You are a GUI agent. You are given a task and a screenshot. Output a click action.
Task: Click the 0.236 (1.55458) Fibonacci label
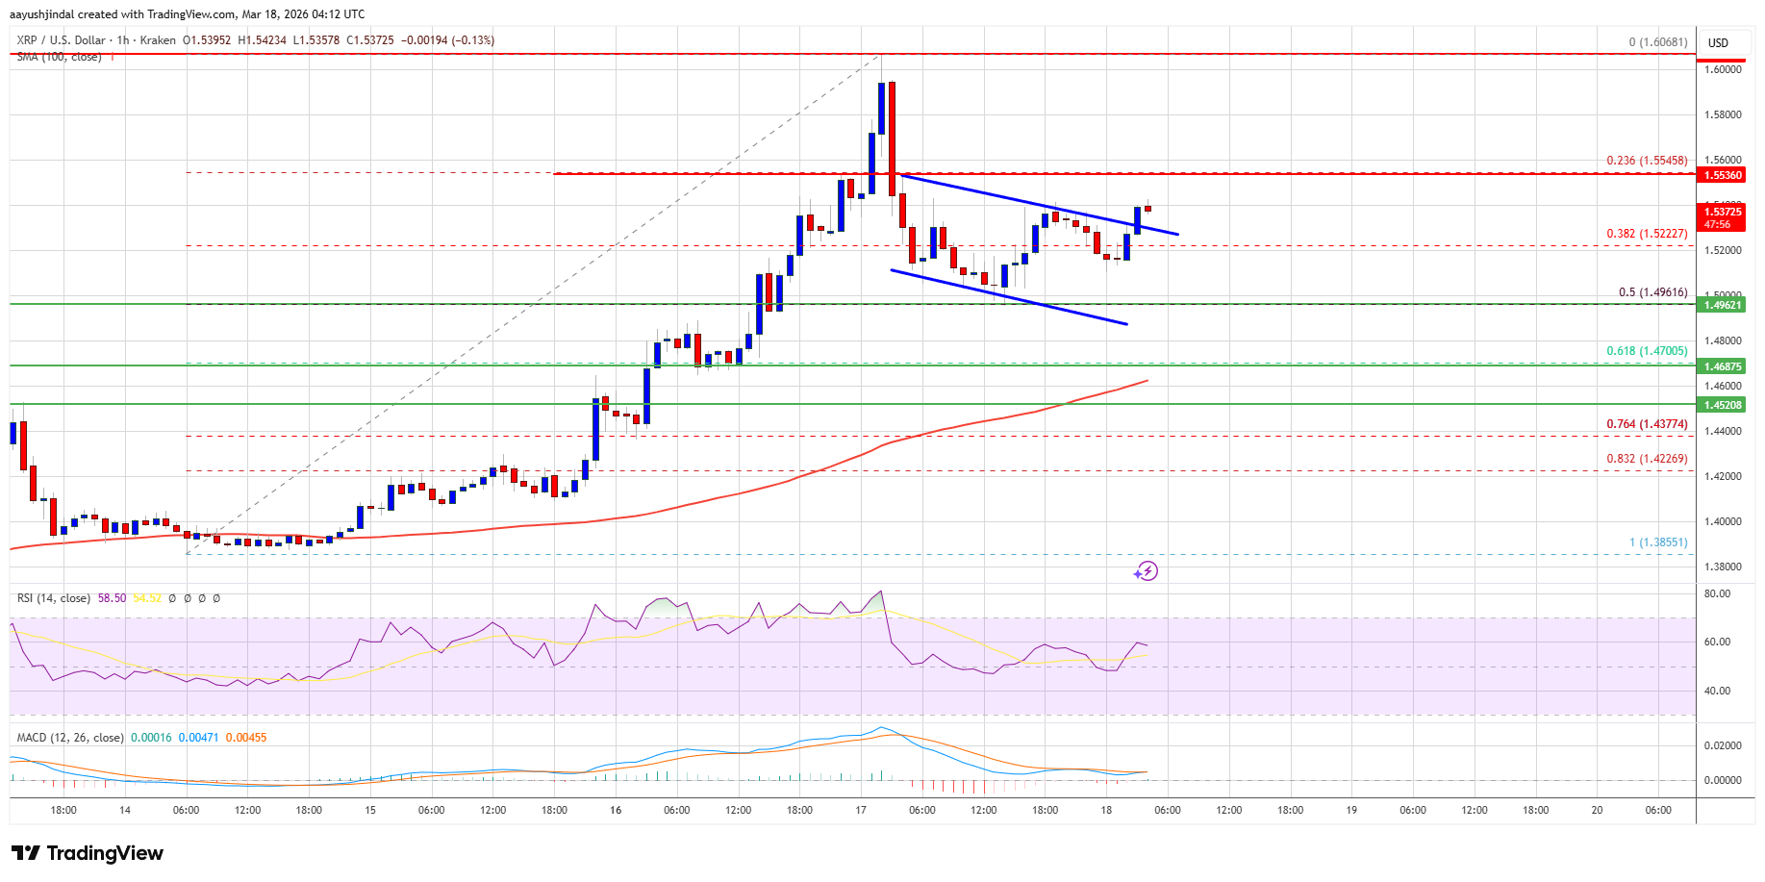pyautogui.click(x=1647, y=161)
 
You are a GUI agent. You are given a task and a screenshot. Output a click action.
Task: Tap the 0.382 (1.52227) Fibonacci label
pyautogui.click(x=1647, y=234)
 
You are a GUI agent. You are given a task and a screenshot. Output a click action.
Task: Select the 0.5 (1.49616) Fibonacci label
pyautogui.click(x=1652, y=292)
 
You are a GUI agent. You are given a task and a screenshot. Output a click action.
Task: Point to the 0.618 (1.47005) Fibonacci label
pyautogui.click(x=1647, y=351)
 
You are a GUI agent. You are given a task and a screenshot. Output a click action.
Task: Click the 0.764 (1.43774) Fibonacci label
pyautogui.click(x=1647, y=424)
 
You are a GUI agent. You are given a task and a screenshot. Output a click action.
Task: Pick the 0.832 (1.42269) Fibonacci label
pyautogui.click(x=1647, y=459)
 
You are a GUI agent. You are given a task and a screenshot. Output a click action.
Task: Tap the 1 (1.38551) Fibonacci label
pyautogui.click(x=1658, y=542)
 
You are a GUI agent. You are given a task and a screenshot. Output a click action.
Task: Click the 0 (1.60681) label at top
pyautogui.click(x=1658, y=42)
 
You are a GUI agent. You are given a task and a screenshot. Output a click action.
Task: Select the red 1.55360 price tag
pyautogui.click(x=1723, y=175)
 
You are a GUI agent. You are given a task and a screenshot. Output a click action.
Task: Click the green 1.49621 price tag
pyautogui.click(x=1723, y=305)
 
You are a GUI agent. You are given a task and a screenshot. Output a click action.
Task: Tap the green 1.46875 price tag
pyautogui.click(x=1723, y=366)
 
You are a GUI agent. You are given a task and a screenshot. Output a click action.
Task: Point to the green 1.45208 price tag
pyautogui.click(x=1723, y=405)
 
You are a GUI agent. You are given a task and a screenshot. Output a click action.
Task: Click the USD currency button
pyautogui.click(x=1718, y=43)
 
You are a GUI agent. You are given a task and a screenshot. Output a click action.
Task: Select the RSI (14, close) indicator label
pyautogui.click(x=54, y=598)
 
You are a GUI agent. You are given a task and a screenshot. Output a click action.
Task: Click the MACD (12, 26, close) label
pyautogui.click(x=70, y=738)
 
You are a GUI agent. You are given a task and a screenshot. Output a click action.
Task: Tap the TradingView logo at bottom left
pyautogui.click(x=88, y=853)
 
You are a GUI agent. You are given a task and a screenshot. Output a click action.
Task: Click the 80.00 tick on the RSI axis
pyautogui.click(x=1717, y=594)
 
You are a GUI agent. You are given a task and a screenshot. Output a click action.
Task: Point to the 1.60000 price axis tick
pyautogui.click(x=1723, y=69)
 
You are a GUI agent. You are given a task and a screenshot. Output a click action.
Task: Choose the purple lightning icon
pyautogui.click(x=1146, y=571)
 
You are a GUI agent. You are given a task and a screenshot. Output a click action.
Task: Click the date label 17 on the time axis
pyautogui.click(x=861, y=810)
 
